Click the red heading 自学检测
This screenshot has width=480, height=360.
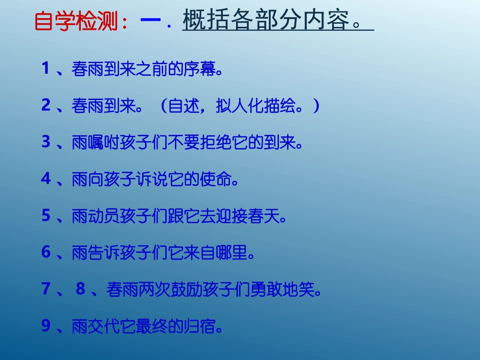pos(76,22)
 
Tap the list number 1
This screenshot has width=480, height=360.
pos(45,69)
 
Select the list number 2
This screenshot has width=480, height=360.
pos(46,105)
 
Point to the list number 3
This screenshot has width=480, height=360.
pos(46,142)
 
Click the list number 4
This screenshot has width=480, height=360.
pos(46,179)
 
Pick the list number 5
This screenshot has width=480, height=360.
pos(46,216)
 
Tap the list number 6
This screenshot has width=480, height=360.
pos(46,252)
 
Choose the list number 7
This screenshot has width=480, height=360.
pos(46,289)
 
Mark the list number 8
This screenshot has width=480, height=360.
pos(80,289)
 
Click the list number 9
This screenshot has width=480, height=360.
pos(46,326)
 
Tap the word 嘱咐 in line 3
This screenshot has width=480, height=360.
pos(97,143)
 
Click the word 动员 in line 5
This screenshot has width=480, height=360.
pos(97,217)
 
